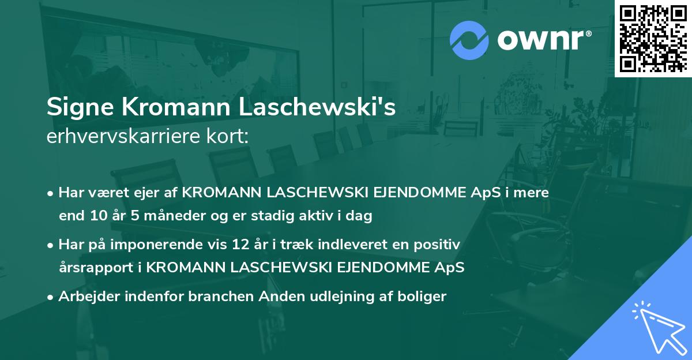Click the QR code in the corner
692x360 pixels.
653,38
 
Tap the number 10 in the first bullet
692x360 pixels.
95,216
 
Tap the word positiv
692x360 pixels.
441,244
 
